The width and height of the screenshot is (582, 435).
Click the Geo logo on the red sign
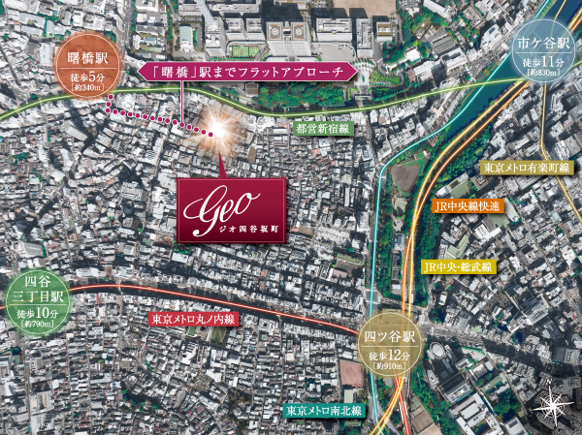[230, 204]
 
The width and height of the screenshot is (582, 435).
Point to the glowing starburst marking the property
[215, 129]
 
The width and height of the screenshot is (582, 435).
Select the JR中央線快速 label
[468, 205]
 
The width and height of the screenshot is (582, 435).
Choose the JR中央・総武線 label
[458, 265]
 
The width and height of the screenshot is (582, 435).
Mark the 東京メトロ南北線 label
[324, 411]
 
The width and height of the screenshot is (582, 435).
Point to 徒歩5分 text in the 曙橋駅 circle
[86, 78]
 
